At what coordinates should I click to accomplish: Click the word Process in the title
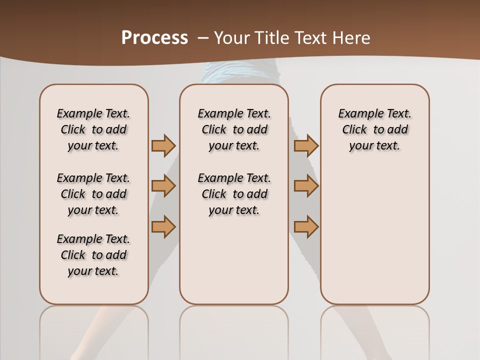154,37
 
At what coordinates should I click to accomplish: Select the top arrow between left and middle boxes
163,145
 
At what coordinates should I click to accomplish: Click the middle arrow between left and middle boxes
163,186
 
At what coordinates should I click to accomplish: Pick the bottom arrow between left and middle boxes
163,226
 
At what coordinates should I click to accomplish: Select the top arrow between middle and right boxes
306,145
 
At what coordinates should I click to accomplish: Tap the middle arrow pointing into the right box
306,186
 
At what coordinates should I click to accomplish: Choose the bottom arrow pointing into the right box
306,226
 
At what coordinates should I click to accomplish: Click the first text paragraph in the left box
93,129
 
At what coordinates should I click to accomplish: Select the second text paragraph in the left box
93,194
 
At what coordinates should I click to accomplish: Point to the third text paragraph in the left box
93,255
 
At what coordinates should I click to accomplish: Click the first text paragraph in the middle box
234,129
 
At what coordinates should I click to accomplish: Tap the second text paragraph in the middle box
234,194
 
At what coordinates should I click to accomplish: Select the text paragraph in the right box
374,129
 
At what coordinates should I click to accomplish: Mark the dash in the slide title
203,37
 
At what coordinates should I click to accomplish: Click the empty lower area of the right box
374,240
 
